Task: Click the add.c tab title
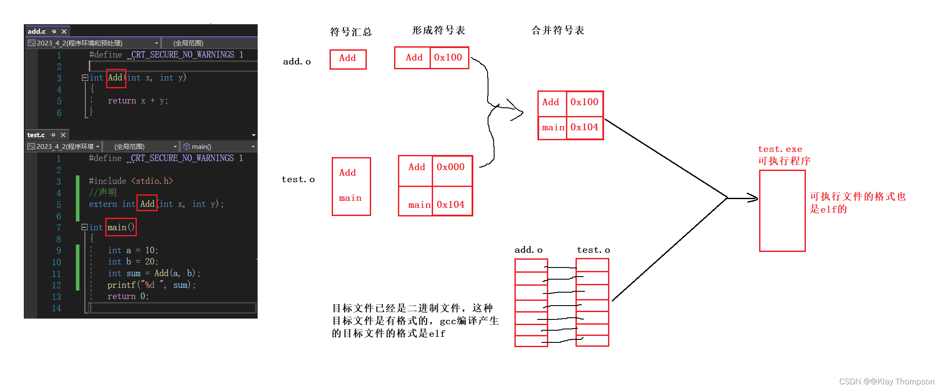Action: click(x=36, y=31)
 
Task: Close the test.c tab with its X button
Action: click(x=63, y=135)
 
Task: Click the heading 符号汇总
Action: click(x=351, y=32)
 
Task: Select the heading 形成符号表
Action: click(x=438, y=30)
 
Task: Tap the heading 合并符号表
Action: click(x=558, y=30)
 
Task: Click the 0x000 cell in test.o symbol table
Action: click(x=450, y=167)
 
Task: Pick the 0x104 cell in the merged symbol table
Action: click(x=584, y=127)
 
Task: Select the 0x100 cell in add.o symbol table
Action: click(x=448, y=58)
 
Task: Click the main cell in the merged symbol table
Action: click(x=553, y=128)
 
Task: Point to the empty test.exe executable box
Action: click(x=782, y=210)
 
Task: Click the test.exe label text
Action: click(x=780, y=149)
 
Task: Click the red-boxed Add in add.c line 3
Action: click(x=116, y=78)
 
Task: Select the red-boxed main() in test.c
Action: click(x=121, y=227)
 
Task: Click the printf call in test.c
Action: click(x=121, y=285)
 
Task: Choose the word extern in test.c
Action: click(x=103, y=204)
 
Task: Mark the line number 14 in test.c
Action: click(x=57, y=308)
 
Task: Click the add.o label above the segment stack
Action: click(x=528, y=250)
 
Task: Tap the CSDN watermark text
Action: click(x=886, y=381)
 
